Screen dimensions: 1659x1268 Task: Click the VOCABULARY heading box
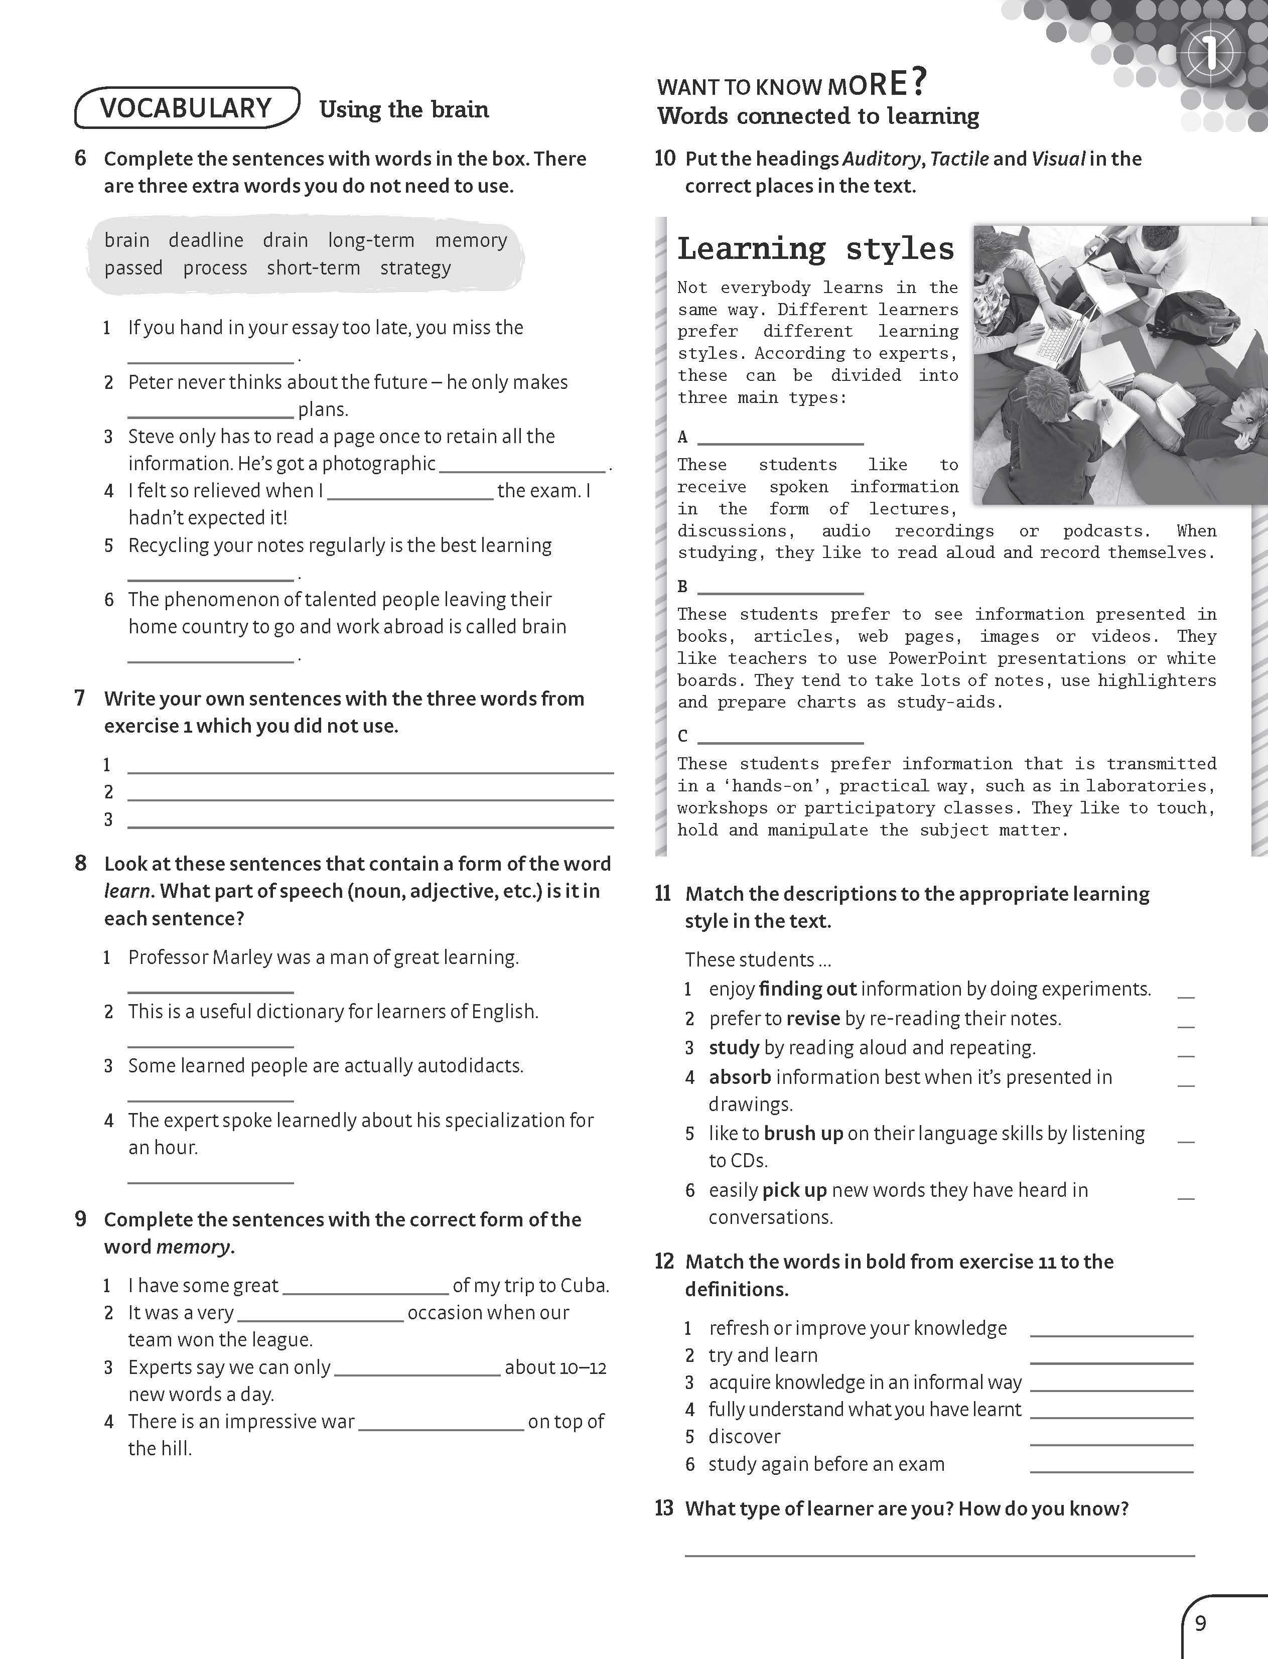(187, 108)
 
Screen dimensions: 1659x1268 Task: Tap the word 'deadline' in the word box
(206, 240)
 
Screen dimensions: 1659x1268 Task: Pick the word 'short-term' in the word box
(313, 268)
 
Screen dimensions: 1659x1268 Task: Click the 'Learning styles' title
(815, 249)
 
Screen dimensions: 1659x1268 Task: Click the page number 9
(1201, 1623)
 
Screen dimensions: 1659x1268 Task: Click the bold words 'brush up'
(803, 1134)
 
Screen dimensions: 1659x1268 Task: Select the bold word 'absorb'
(740, 1077)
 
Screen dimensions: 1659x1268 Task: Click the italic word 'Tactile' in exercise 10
(959, 159)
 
